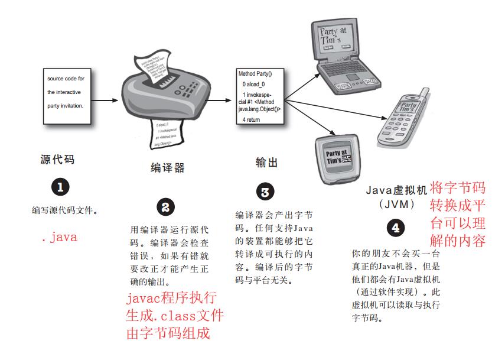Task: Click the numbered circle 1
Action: [x=61, y=187]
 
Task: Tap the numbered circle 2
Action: [x=165, y=207]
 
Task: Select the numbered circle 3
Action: [x=265, y=192]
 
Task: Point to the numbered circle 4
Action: [x=395, y=228]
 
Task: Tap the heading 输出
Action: [x=266, y=163]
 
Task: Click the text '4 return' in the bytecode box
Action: [x=252, y=119]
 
